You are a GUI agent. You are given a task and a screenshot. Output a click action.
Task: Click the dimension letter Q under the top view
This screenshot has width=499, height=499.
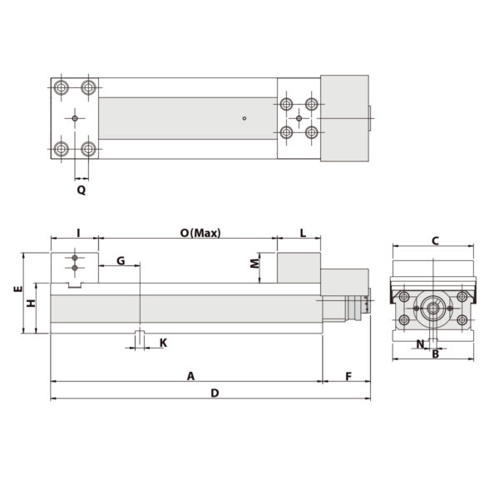(x=82, y=190)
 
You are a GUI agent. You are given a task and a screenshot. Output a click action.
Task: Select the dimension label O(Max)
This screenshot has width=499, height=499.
(x=200, y=233)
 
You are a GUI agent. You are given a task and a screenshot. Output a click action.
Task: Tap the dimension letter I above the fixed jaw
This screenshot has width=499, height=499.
(x=77, y=233)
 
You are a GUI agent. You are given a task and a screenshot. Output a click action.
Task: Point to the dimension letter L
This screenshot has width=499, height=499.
(x=303, y=233)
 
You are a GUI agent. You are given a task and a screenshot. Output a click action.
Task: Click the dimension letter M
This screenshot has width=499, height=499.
(x=254, y=265)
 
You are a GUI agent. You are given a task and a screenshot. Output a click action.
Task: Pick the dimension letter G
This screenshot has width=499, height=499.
(x=121, y=260)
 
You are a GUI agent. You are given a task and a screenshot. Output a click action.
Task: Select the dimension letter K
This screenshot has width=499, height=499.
(x=163, y=343)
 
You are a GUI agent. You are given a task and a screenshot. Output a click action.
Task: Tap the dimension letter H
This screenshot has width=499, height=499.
(x=31, y=304)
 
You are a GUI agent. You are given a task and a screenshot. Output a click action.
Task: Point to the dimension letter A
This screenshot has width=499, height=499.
(x=190, y=376)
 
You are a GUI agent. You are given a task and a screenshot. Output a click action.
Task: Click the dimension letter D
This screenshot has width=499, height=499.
(x=215, y=393)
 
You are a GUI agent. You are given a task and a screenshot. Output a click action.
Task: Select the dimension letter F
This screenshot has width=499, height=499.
(x=348, y=376)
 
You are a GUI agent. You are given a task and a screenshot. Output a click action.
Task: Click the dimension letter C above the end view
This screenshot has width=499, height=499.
(x=434, y=241)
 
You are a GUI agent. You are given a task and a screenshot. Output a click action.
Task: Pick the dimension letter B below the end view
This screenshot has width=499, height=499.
(x=435, y=354)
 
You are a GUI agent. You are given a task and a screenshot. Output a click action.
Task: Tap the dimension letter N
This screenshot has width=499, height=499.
(x=420, y=343)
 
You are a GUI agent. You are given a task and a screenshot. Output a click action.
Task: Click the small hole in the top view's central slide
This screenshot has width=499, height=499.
(x=244, y=118)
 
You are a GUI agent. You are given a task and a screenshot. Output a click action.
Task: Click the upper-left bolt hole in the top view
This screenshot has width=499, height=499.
(x=62, y=87)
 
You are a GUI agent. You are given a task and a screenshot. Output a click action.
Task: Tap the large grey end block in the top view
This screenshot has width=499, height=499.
(x=343, y=117)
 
